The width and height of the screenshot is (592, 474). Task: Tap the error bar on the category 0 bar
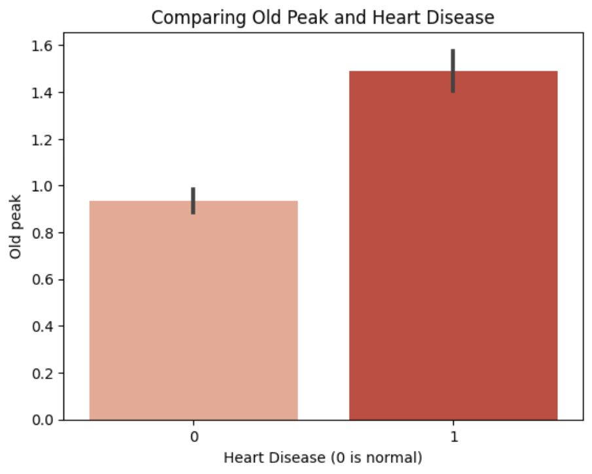(x=194, y=200)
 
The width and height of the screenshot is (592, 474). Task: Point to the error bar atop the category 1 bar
(x=453, y=71)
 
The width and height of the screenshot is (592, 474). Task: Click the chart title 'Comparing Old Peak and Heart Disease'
(x=323, y=18)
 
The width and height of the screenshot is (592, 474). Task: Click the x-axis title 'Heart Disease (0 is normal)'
(x=323, y=457)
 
